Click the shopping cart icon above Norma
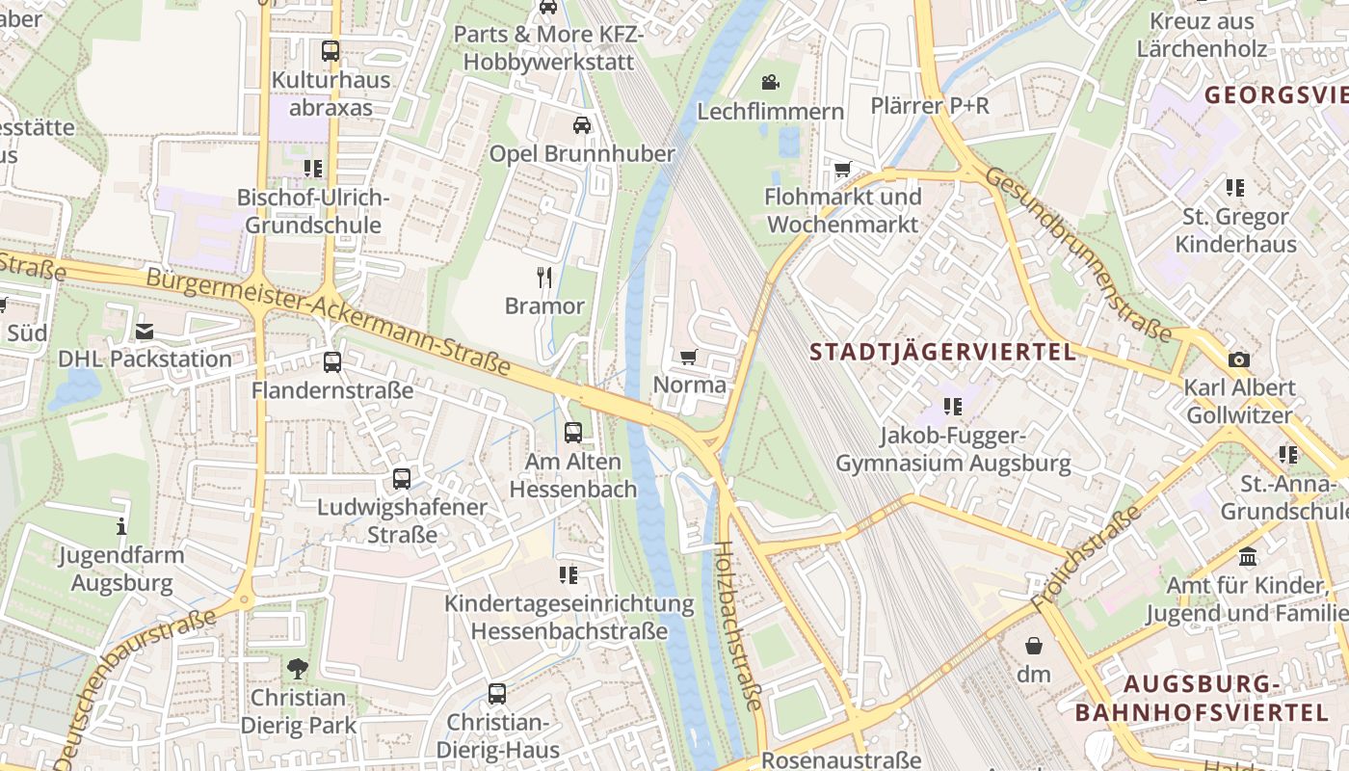coord(688,358)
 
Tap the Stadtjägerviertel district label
coord(942,352)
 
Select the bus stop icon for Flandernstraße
coord(332,362)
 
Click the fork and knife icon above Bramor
coord(545,279)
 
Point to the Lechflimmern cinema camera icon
coord(770,83)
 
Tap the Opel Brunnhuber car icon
coord(582,125)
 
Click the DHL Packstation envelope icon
coord(145,332)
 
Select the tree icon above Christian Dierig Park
coord(298,668)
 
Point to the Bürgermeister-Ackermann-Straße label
coord(328,321)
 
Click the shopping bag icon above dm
coord(1034,645)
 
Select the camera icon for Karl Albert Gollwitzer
coord(1238,360)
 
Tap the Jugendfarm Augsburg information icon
coord(121,526)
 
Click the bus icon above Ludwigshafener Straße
coord(402,478)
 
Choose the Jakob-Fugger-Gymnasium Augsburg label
coord(952,449)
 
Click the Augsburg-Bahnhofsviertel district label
coord(1202,699)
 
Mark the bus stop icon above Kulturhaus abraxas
coord(331,51)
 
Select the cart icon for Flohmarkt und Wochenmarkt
coord(843,170)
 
